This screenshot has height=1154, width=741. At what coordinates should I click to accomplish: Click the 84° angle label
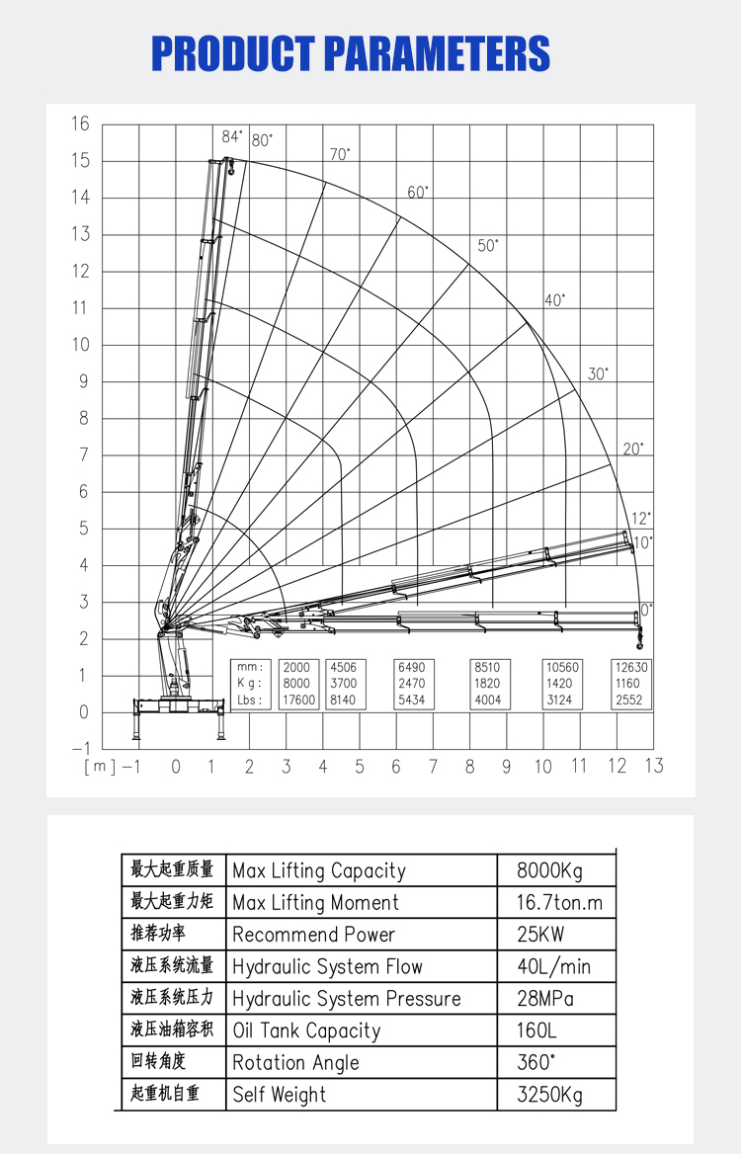pyautogui.click(x=231, y=137)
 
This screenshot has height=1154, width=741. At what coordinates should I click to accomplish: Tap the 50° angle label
pyautogui.click(x=488, y=246)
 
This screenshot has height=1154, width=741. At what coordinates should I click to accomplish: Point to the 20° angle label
pyautogui.click(x=633, y=450)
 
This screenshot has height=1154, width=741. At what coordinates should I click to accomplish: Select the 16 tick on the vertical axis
pyautogui.click(x=80, y=124)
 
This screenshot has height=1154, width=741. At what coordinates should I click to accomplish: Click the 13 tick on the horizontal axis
pyautogui.click(x=653, y=766)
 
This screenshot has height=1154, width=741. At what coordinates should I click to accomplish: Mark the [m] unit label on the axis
pyautogui.click(x=100, y=766)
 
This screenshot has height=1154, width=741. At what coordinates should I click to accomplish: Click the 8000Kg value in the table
pyautogui.click(x=550, y=870)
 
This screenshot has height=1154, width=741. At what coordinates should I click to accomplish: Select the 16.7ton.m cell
pyautogui.click(x=559, y=902)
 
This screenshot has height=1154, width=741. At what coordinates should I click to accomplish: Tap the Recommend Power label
pyautogui.click(x=313, y=935)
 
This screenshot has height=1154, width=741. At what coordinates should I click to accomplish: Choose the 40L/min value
pyautogui.click(x=553, y=966)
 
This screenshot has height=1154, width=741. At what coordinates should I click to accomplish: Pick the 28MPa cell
pyautogui.click(x=544, y=998)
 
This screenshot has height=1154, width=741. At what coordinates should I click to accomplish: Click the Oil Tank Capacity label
pyautogui.click(x=306, y=1030)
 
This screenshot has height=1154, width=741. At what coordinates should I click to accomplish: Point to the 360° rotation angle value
pyautogui.click(x=536, y=1062)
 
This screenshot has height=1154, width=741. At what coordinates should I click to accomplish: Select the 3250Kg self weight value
pyautogui.click(x=550, y=1095)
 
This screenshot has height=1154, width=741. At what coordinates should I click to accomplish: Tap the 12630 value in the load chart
pyautogui.click(x=629, y=667)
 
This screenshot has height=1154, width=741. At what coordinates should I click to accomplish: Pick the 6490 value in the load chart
pyautogui.click(x=410, y=667)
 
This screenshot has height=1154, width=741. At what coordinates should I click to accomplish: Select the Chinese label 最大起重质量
pyautogui.click(x=172, y=869)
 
